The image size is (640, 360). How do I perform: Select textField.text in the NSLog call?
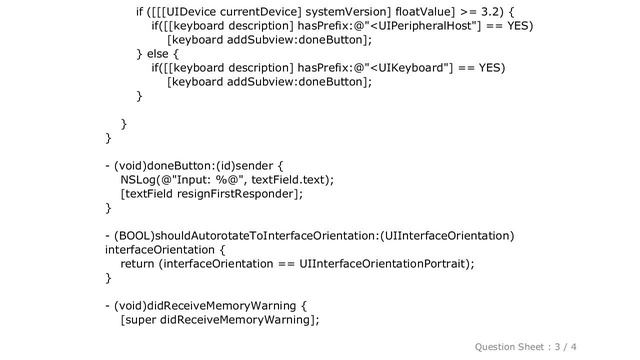(286, 179)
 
